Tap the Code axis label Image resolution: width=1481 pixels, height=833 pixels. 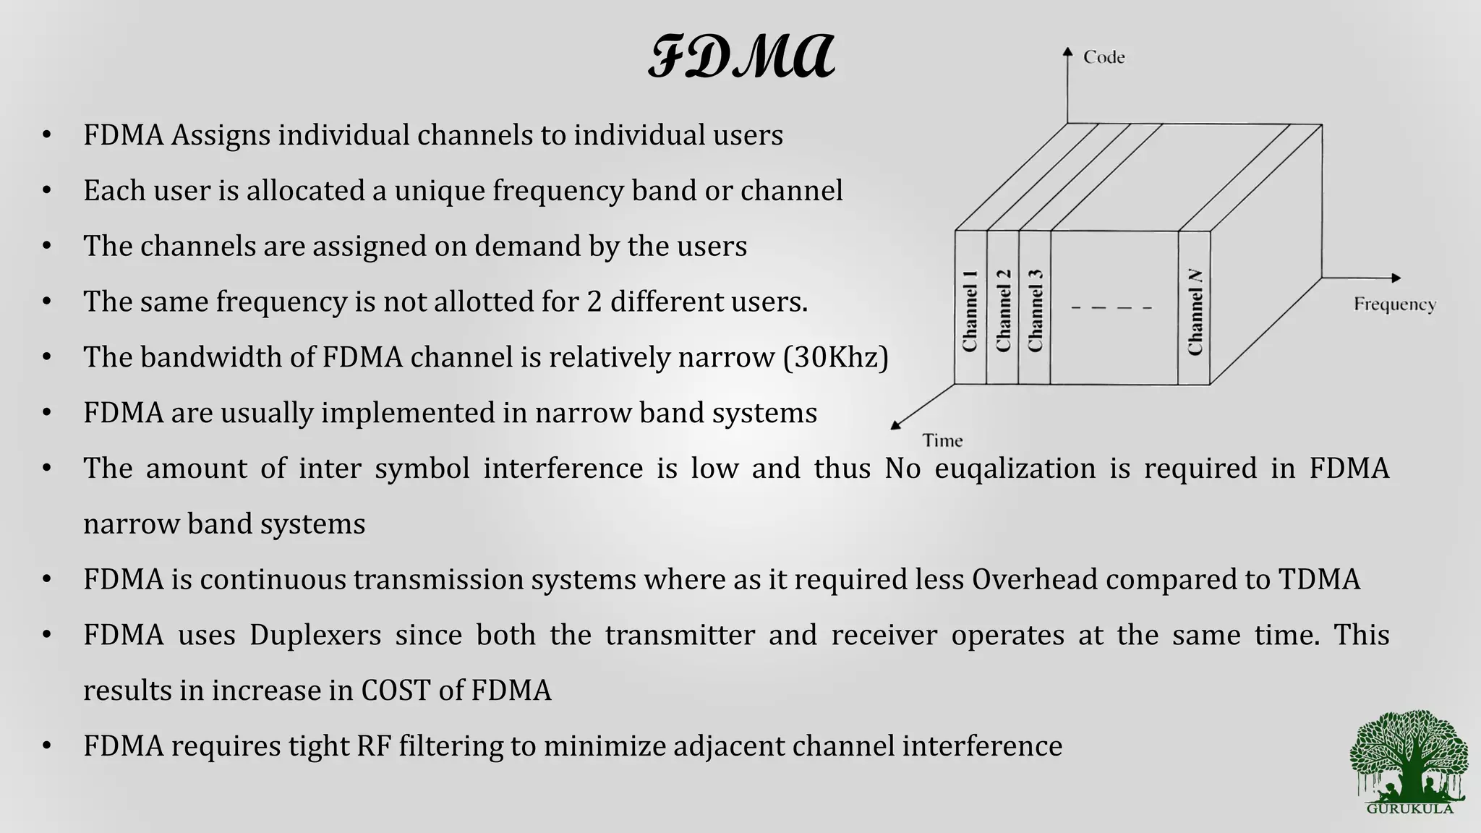click(1104, 57)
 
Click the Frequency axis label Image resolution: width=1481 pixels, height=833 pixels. click(1394, 304)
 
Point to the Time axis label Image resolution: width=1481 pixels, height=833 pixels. click(942, 440)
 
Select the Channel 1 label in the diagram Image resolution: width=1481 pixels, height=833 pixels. click(970, 311)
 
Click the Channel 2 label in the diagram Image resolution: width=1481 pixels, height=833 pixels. click(1003, 311)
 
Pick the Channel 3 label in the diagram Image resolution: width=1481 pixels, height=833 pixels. click(1036, 311)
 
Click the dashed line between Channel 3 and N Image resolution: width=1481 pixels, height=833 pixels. click(1111, 308)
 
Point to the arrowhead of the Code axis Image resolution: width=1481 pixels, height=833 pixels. click(1067, 51)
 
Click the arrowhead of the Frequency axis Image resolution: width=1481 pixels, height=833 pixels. click(1396, 278)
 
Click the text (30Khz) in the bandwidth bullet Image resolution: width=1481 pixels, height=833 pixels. click(835, 357)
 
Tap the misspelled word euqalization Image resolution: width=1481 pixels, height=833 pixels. click(1015, 469)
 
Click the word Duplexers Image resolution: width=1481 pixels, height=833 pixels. click(315, 635)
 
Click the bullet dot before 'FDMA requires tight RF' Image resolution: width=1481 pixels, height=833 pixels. click(47, 746)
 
